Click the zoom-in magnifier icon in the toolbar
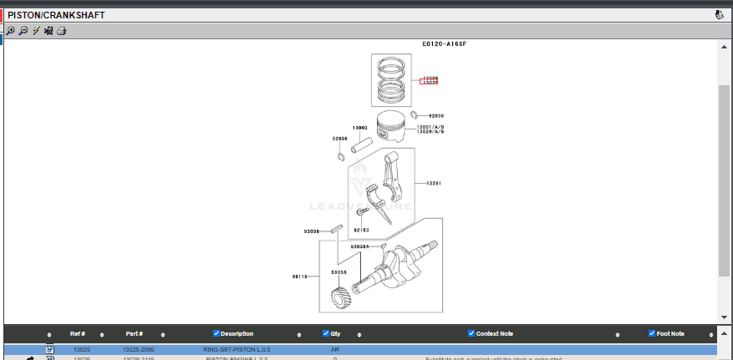point(10,31)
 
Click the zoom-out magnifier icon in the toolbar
point(23,31)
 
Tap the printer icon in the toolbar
point(62,31)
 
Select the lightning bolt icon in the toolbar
point(36,31)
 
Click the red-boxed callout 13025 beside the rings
point(430,83)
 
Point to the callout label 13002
point(360,128)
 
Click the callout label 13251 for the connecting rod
point(434,183)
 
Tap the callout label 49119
point(300,276)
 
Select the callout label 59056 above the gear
point(339,271)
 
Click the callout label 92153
point(361,230)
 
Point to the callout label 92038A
point(359,246)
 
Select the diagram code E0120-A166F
point(444,43)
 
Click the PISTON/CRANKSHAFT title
point(56,15)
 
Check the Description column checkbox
point(217,334)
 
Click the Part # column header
point(135,334)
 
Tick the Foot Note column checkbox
point(652,334)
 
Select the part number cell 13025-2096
point(139,348)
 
